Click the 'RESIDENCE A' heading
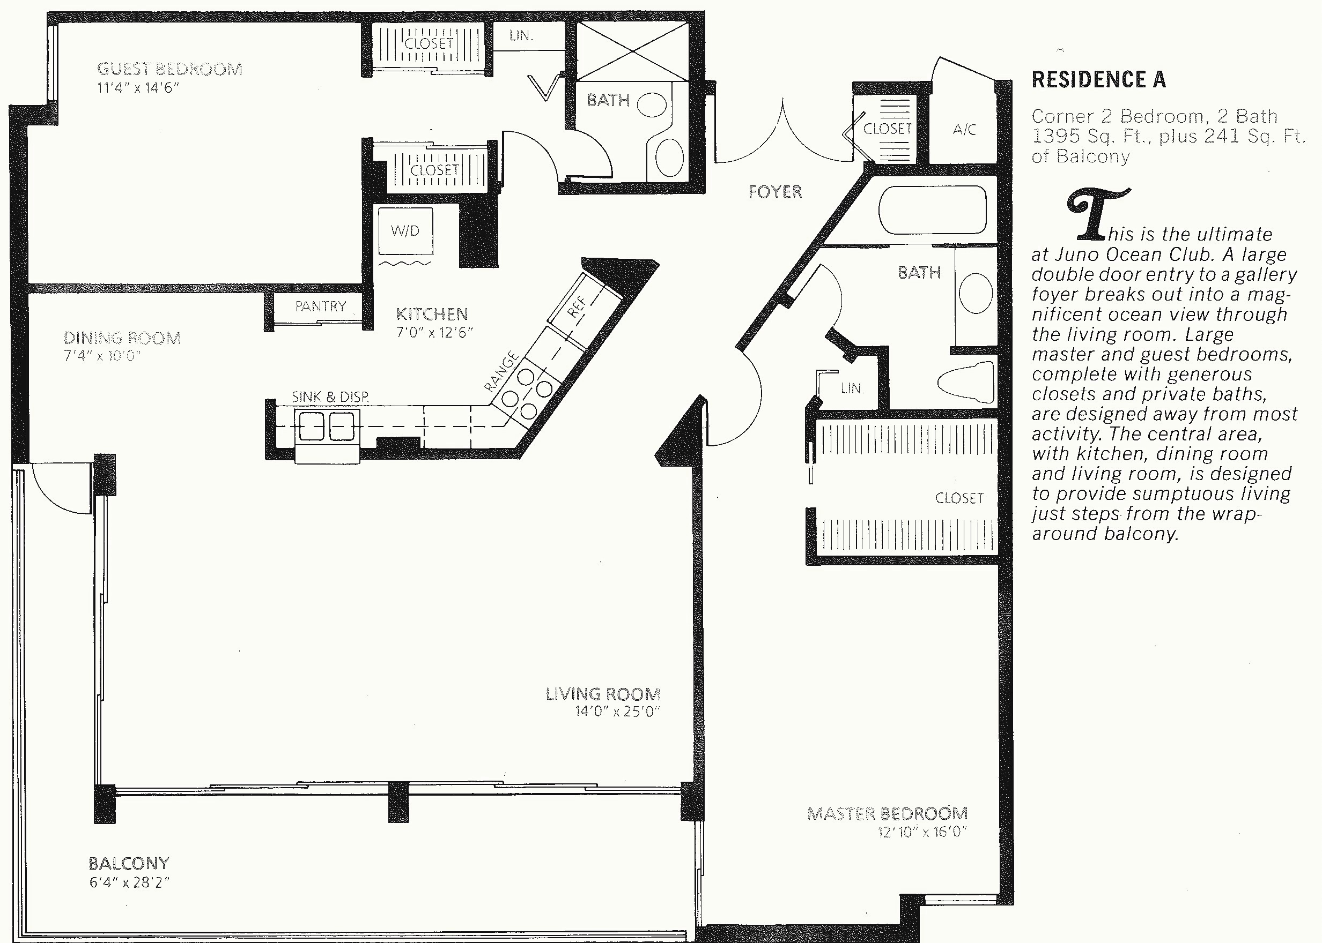pyautogui.click(x=1098, y=79)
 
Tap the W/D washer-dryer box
pyautogui.click(x=405, y=230)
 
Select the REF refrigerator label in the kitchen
pyautogui.click(x=577, y=306)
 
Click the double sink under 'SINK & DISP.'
pyautogui.click(x=327, y=425)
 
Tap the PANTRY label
pyautogui.click(x=320, y=306)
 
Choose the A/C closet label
pyautogui.click(x=964, y=129)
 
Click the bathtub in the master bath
pyautogui.click(x=933, y=209)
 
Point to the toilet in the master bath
pyautogui.click(x=966, y=381)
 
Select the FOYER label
pyautogui.click(x=775, y=192)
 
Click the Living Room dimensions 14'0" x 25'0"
pyautogui.click(x=618, y=712)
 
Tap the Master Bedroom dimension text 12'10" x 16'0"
pyautogui.click(x=922, y=832)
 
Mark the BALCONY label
pyautogui.click(x=129, y=863)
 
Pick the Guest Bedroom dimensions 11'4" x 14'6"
pyautogui.click(x=138, y=88)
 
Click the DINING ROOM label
pyautogui.click(x=122, y=338)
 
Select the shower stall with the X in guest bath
pyautogui.click(x=632, y=51)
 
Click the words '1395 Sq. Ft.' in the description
pyautogui.click(x=1085, y=137)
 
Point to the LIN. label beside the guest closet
pyautogui.click(x=521, y=35)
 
